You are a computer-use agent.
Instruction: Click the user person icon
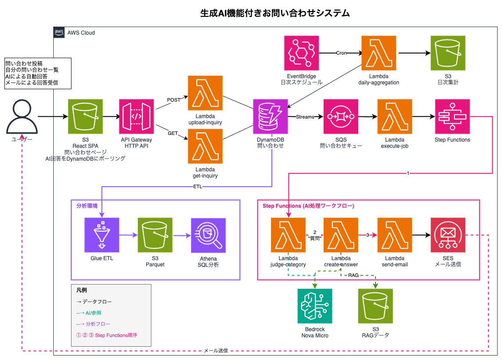pos(21,117)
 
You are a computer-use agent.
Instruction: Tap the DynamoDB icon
pos(270,117)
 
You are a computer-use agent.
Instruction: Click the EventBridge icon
pos(302,53)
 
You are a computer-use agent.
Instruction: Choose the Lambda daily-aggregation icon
pos(379,53)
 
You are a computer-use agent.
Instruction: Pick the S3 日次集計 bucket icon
pos(447,53)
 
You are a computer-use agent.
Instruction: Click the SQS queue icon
pos(341,117)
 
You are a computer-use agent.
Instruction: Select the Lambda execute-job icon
pos(395,117)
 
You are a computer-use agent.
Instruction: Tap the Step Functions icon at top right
pos(452,117)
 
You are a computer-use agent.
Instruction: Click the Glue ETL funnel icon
pos(102,235)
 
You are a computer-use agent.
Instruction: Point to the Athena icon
pos(208,235)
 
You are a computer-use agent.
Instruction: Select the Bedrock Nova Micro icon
pos(315,306)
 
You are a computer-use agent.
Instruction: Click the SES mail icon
pos(447,235)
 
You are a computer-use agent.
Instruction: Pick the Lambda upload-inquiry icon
pos(205,93)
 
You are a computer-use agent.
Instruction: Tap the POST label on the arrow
pos(174,100)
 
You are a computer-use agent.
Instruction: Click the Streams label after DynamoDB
pos(304,117)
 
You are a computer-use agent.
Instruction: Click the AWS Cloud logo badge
pos(59,32)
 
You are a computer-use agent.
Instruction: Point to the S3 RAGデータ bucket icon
pos(376,306)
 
